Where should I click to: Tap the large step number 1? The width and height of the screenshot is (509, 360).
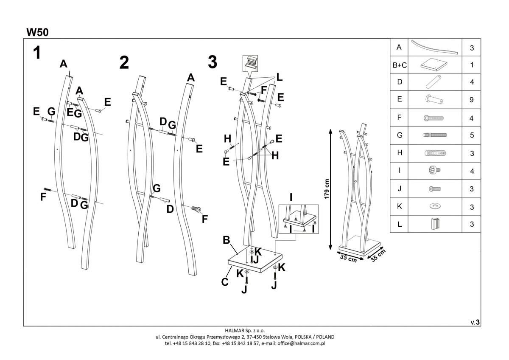[x=37, y=53]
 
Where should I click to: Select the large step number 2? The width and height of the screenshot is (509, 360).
[x=124, y=62]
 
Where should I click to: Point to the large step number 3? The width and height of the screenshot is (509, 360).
[x=213, y=62]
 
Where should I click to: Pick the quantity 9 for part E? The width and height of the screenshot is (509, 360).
[x=472, y=100]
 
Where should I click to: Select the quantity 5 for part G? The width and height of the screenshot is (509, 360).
[x=472, y=136]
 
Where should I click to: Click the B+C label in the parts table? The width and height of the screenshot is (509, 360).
[x=399, y=65]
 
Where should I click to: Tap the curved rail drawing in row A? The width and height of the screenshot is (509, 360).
[x=435, y=47]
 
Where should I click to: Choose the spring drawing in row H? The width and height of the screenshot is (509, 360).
[x=435, y=153]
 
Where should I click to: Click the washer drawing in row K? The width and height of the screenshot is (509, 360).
[x=434, y=206]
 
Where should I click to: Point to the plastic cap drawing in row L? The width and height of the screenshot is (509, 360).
[x=435, y=224]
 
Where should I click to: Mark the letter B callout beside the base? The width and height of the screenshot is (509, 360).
[x=227, y=240]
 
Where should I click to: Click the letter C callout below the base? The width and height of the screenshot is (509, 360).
[x=225, y=281]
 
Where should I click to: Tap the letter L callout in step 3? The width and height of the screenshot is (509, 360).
[x=279, y=77]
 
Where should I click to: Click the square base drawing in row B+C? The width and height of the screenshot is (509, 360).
[x=435, y=65]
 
